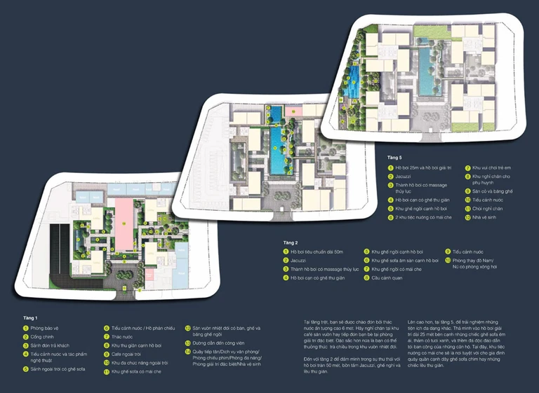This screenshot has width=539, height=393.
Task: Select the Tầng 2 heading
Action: [x=291, y=242]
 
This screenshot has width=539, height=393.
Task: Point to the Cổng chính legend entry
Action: [x=44, y=337]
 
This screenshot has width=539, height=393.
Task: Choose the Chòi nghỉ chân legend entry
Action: [x=486, y=208]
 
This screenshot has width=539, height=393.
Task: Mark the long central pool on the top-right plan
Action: [x=425, y=70]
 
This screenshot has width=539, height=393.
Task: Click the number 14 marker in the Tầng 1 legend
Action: [x=188, y=352]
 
